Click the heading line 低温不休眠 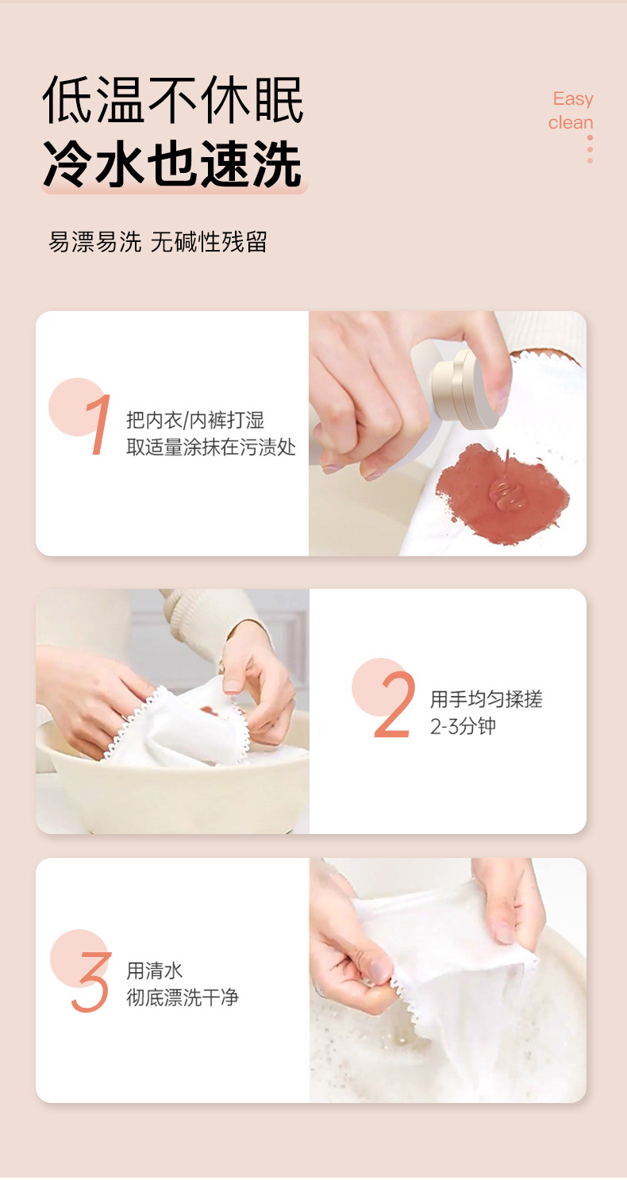pyautogui.click(x=173, y=99)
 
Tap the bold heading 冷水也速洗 pyautogui.click(x=173, y=163)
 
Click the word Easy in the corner pyautogui.click(x=573, y=99)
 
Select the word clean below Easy pyautogui.click(x=571, y=122)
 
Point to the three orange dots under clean pyautogui.click(x=590, y=149)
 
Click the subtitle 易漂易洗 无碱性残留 pyautogui.click(x=157, y=242)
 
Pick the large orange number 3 pyautogui.click(x=91, y=982)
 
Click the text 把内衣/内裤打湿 pyautogui.click(x=195, y=421)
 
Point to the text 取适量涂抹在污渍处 pyautogui.click(x=211, y=448)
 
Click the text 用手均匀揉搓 pyautogui.click(x=486, y=699)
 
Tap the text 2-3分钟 pyautogui.click(x=463, y=726)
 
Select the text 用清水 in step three pyautogui.click(x=155, y=971)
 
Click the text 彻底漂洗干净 pyautogui.click(x=183, y=997)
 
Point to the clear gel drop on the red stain pyautogui.click(x=506, y=494)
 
